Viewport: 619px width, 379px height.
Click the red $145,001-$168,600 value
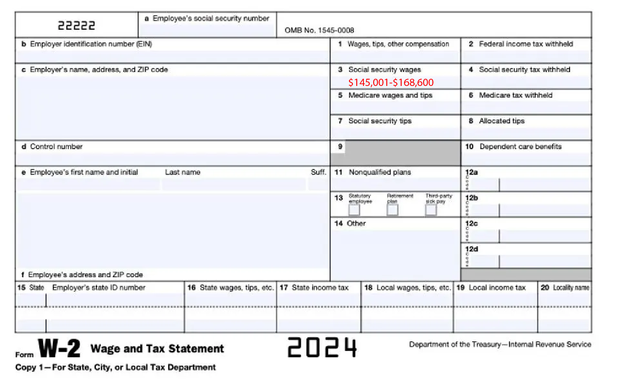click(391, 83)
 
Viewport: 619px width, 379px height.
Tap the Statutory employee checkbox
click(354, 210)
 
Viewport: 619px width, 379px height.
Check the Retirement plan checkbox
click(392, 210)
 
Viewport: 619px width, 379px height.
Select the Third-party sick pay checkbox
click(431, 210)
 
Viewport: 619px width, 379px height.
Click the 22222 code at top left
click(77, 26)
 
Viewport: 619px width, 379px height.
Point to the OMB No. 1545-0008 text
click(319, 30)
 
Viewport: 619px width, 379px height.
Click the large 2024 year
click(322, 347)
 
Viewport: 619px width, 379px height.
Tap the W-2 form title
click(59, 349)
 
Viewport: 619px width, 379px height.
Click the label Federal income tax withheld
click(525, 44)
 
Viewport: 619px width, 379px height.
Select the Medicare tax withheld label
click(515, 95)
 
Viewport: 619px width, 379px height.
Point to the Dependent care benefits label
click(520, 147)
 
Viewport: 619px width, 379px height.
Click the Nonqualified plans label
click(380, 172)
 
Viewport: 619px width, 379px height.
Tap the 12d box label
click(471, 249)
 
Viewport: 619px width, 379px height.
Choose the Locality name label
click(571, 288)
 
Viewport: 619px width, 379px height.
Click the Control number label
click(56, 147)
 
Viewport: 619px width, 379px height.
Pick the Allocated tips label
click(501, 121)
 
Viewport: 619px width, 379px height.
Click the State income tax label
click(320, 288)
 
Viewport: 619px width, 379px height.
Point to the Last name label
click(182, 172)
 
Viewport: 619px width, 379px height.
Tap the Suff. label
click(318, 172)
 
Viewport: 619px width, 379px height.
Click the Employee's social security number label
click(211, 19)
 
